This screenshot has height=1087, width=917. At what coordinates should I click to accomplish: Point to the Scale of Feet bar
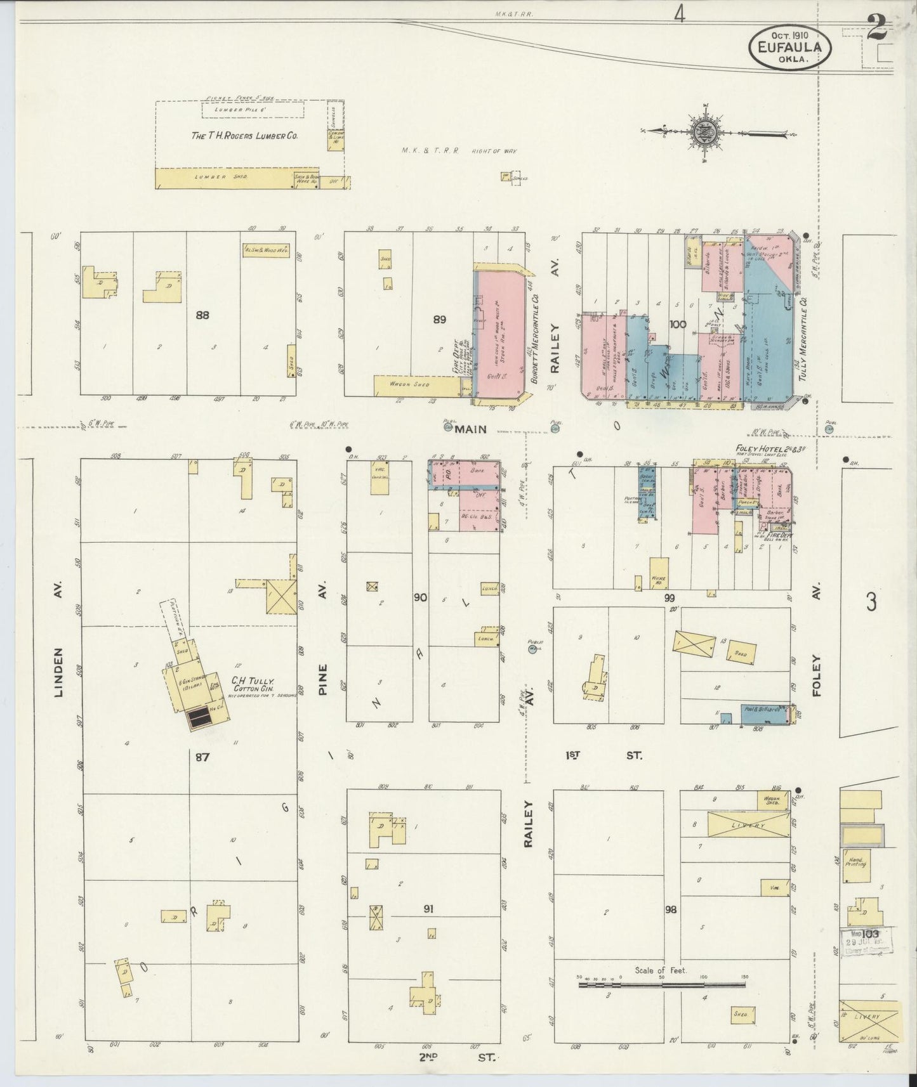tap(662, 985)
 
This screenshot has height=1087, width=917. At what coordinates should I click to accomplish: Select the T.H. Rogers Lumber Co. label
tap(244, 136)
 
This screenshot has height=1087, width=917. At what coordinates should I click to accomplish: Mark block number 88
tap(202, 315)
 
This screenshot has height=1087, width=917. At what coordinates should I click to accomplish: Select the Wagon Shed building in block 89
tap(416, 385)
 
